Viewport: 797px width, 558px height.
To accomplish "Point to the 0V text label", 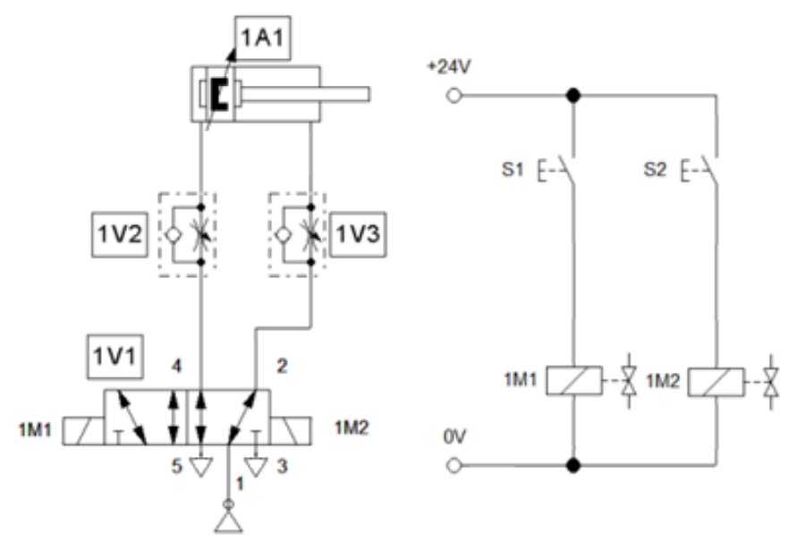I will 454,440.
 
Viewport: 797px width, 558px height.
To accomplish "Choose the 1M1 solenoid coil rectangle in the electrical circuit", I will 571,380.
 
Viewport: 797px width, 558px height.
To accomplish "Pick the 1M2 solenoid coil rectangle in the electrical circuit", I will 715,380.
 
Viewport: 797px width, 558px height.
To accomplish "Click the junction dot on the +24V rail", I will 571,92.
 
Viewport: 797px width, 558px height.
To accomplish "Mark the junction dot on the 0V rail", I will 571,465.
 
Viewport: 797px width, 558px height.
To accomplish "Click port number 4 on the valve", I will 175,367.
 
